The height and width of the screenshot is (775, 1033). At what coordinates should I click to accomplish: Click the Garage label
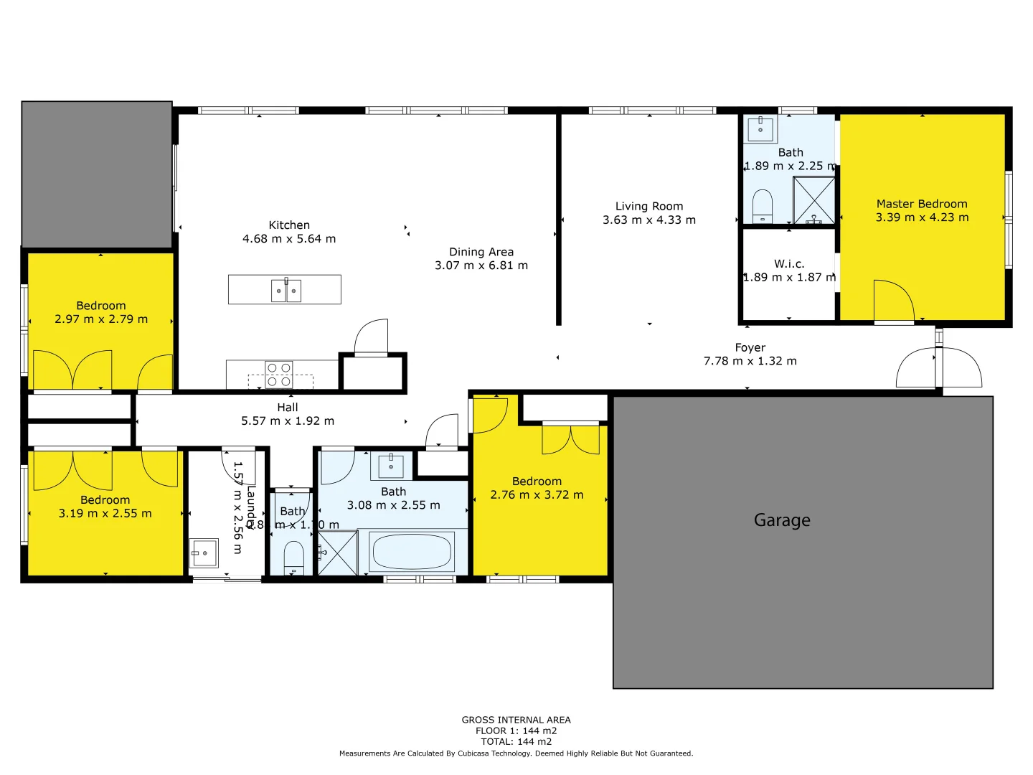coord(782,520)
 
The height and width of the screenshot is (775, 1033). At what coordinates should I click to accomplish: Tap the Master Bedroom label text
coord(922,204)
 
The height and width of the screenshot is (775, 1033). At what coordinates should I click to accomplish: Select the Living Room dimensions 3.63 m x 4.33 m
coord(649,220)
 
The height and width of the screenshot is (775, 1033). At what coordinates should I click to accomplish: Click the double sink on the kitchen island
coord(286,291)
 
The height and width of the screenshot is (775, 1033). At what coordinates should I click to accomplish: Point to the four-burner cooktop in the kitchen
coord(279,375)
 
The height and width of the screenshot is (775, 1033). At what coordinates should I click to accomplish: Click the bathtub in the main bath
coord(412,552)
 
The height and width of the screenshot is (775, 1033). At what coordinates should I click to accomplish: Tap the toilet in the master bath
coord(762,207)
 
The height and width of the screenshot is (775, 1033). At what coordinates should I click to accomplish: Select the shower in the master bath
coord(813,201)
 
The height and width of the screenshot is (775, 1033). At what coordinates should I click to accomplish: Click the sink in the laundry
coord(204,553)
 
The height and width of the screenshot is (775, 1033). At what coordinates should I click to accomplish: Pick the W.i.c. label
coord(789,264)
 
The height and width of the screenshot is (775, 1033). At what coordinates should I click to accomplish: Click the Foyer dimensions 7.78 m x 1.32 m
coord(750,361)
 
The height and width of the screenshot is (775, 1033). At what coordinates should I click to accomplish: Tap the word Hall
coord(288,408)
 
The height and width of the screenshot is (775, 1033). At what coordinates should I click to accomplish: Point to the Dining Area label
coord(481,252)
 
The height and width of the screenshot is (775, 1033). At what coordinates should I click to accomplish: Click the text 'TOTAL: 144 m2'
coord(516,741)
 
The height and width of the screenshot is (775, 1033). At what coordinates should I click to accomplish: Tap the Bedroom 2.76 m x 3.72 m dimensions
coord(537,495)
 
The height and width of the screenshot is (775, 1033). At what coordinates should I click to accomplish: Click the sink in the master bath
coord(760,129)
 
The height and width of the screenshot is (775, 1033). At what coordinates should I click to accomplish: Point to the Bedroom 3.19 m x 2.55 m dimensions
coord(105,514)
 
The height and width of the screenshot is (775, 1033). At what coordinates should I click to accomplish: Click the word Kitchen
coord(289,225)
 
